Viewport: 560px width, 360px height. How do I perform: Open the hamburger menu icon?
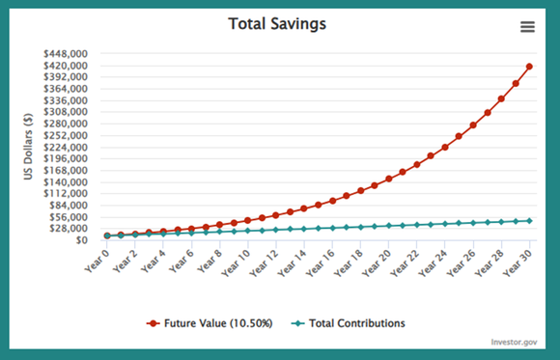[527, 27]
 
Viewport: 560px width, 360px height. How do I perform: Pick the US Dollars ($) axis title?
[29, 145]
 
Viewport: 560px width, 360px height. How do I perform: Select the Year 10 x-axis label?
[237, 261]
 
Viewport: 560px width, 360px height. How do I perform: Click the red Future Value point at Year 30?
[530, 67]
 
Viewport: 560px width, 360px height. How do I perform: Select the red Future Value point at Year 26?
[473, 125]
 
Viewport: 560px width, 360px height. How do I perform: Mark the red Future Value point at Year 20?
[389, 179]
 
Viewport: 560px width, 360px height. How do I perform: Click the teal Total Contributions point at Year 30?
[530, 221]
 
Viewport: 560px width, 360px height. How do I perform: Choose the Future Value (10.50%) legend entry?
[212, 322]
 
